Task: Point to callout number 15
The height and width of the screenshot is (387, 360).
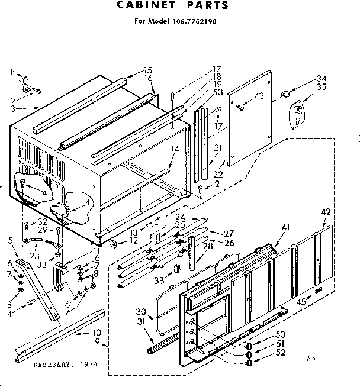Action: (147, 70)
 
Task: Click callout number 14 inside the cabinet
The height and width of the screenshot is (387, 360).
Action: (173, 150)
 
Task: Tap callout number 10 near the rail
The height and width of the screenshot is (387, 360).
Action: (97, 332)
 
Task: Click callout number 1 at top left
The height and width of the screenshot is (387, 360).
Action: (11, 72)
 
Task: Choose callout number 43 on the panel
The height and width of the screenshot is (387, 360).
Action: (258, 96)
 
